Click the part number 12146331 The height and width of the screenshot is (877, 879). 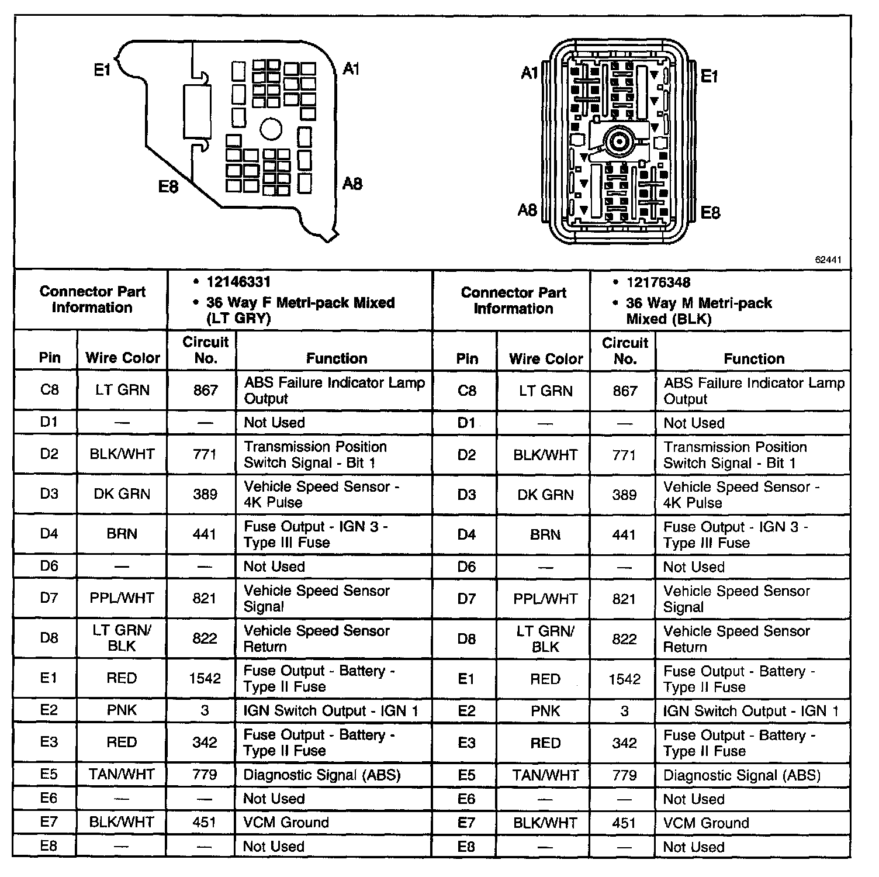[238, 282]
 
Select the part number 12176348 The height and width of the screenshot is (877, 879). [658, 283]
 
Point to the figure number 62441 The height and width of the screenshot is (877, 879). [828, 260]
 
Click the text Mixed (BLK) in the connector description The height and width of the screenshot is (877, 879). [669, 319]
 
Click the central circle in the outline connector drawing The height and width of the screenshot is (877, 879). [271, 129]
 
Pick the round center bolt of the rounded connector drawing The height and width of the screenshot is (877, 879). [618, 141]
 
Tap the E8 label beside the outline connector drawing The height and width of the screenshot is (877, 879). [168, 187]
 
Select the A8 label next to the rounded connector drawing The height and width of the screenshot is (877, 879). [527, 210]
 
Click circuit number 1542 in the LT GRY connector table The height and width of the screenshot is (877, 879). [205, 678]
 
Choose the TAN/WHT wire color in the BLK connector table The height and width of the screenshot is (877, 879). [545, 775]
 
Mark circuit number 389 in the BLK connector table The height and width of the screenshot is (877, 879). [624, 495]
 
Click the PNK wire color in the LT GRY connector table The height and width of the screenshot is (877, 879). [122, 710]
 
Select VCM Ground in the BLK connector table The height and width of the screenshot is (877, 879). [706, 823]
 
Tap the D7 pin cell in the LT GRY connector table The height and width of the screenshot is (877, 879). [49, 598]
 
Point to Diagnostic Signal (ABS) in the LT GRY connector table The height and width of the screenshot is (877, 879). [322, 775]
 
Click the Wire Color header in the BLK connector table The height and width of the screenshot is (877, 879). [546, 358]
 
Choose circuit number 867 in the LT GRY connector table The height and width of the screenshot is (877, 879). [205, 390]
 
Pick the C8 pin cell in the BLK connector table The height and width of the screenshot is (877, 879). [466, 391]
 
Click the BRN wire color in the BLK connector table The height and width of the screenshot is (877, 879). [545, 534]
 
